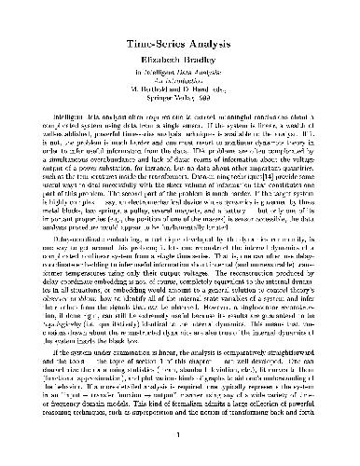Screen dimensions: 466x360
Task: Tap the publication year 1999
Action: [212, 98]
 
